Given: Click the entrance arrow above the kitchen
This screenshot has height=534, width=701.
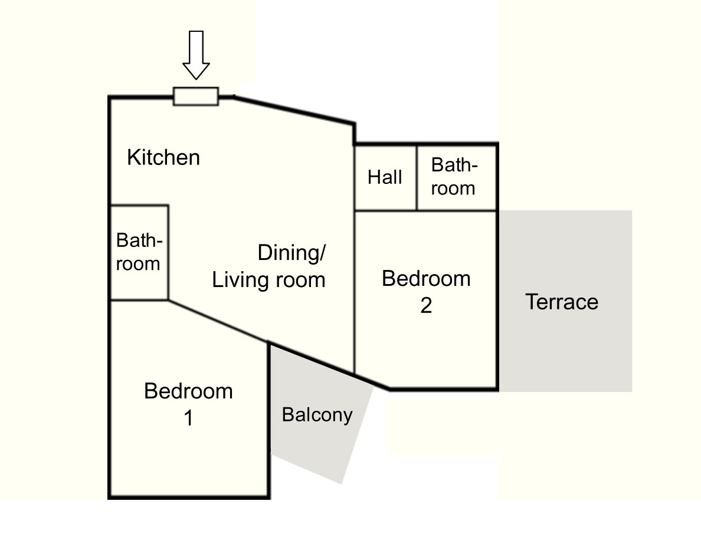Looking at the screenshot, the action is (196, 55).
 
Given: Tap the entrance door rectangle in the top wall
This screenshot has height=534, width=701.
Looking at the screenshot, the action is (196, 97).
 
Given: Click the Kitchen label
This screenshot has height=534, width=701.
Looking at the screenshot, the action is (163, 157).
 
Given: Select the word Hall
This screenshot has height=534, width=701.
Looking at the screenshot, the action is (385, 177).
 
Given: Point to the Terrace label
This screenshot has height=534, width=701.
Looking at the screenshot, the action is (562, 302).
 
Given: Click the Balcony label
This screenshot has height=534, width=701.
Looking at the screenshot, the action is (317, 415).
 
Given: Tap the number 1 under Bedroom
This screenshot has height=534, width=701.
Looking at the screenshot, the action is (189, 418).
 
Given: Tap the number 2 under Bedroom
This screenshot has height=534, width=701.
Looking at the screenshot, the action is (426, 306).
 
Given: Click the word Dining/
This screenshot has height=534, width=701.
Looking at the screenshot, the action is (292, 253).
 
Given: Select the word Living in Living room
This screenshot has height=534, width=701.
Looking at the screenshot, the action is (240, 281).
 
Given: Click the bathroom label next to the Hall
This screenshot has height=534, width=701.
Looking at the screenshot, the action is (454, 177).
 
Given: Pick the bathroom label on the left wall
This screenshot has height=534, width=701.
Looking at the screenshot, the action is (139, 252).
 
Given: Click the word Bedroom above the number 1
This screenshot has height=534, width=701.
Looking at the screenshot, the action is (188, 391).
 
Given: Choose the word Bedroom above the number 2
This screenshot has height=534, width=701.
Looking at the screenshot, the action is (426, 279).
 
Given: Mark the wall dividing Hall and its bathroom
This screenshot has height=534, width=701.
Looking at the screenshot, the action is (417, 177).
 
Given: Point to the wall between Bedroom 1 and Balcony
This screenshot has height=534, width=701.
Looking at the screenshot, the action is (269, 420).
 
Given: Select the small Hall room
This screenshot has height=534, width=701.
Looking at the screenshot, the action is (385, 177).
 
